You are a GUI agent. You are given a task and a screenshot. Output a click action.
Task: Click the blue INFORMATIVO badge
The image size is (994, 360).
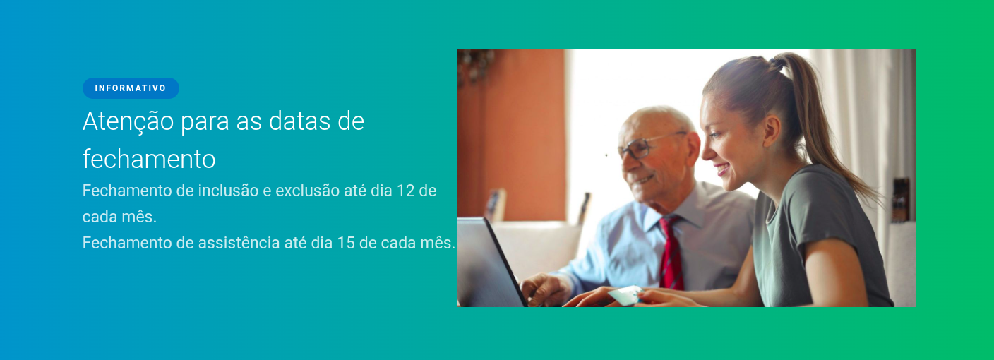[x=131, y=88]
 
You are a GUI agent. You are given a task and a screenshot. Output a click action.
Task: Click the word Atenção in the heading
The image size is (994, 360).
[x=128, y=121]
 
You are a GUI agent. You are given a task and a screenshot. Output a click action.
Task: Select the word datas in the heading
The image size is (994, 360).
[x=299, y=121]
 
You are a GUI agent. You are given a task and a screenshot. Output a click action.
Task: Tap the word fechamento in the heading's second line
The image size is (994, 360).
[x=149, y=159]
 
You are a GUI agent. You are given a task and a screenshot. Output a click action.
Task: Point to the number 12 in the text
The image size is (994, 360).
[x=406, y=191]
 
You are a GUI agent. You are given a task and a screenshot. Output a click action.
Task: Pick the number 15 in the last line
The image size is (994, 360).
[x=346, y=243]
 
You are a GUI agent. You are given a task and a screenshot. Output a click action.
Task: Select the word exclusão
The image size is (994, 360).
[x=308, y=191]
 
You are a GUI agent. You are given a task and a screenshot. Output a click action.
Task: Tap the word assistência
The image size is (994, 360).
[x=239, y=243]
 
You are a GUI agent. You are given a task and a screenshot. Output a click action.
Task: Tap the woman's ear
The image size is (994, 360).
[x=771, y=131]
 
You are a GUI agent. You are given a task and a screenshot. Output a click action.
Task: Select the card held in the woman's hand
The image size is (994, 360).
[x=625, y=295]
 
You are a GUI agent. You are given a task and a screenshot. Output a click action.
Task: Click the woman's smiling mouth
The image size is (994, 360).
[x=721, y=169]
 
